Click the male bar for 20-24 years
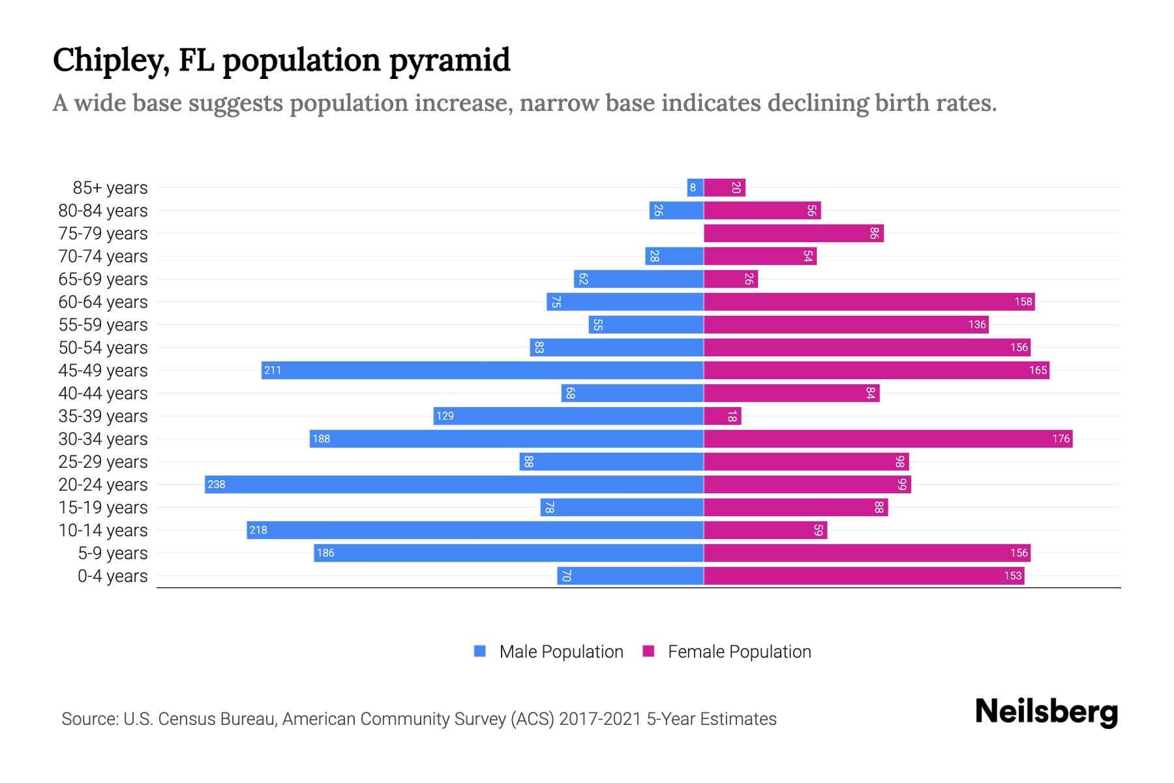[454, 485]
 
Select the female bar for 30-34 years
[888, 439]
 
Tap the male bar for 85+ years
[695, 188]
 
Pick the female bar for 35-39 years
[723, 416]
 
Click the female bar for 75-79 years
[794, 234]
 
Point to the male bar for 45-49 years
[483, 371]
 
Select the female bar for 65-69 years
[730, 279]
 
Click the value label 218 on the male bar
[258, 530]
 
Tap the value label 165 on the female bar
[1038, 371]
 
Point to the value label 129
[445, 416]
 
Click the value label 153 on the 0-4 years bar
[1012, 576]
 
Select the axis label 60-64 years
[103, 302]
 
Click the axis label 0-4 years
[112, 576]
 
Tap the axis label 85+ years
[110, 188]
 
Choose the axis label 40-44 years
[103, 393]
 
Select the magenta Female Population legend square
[648, 651]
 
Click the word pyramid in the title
[449, 61]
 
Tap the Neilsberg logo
[1046, 712]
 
